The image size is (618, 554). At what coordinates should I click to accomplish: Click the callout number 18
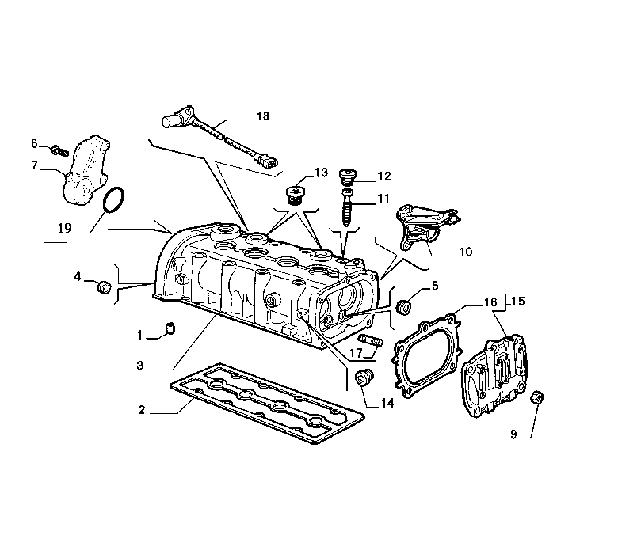[263, 116]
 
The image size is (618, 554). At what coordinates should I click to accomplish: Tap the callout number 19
[65, 228]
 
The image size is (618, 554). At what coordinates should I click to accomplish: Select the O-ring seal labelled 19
[113, 200]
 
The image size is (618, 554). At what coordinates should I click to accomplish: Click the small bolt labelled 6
[59, 150]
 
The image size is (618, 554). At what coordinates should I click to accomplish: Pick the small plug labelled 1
[170, 328]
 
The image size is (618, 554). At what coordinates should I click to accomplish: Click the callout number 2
[142, 410]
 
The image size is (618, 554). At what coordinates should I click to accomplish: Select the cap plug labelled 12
[348, 177]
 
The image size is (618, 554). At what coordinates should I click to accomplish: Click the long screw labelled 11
[347, 207]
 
